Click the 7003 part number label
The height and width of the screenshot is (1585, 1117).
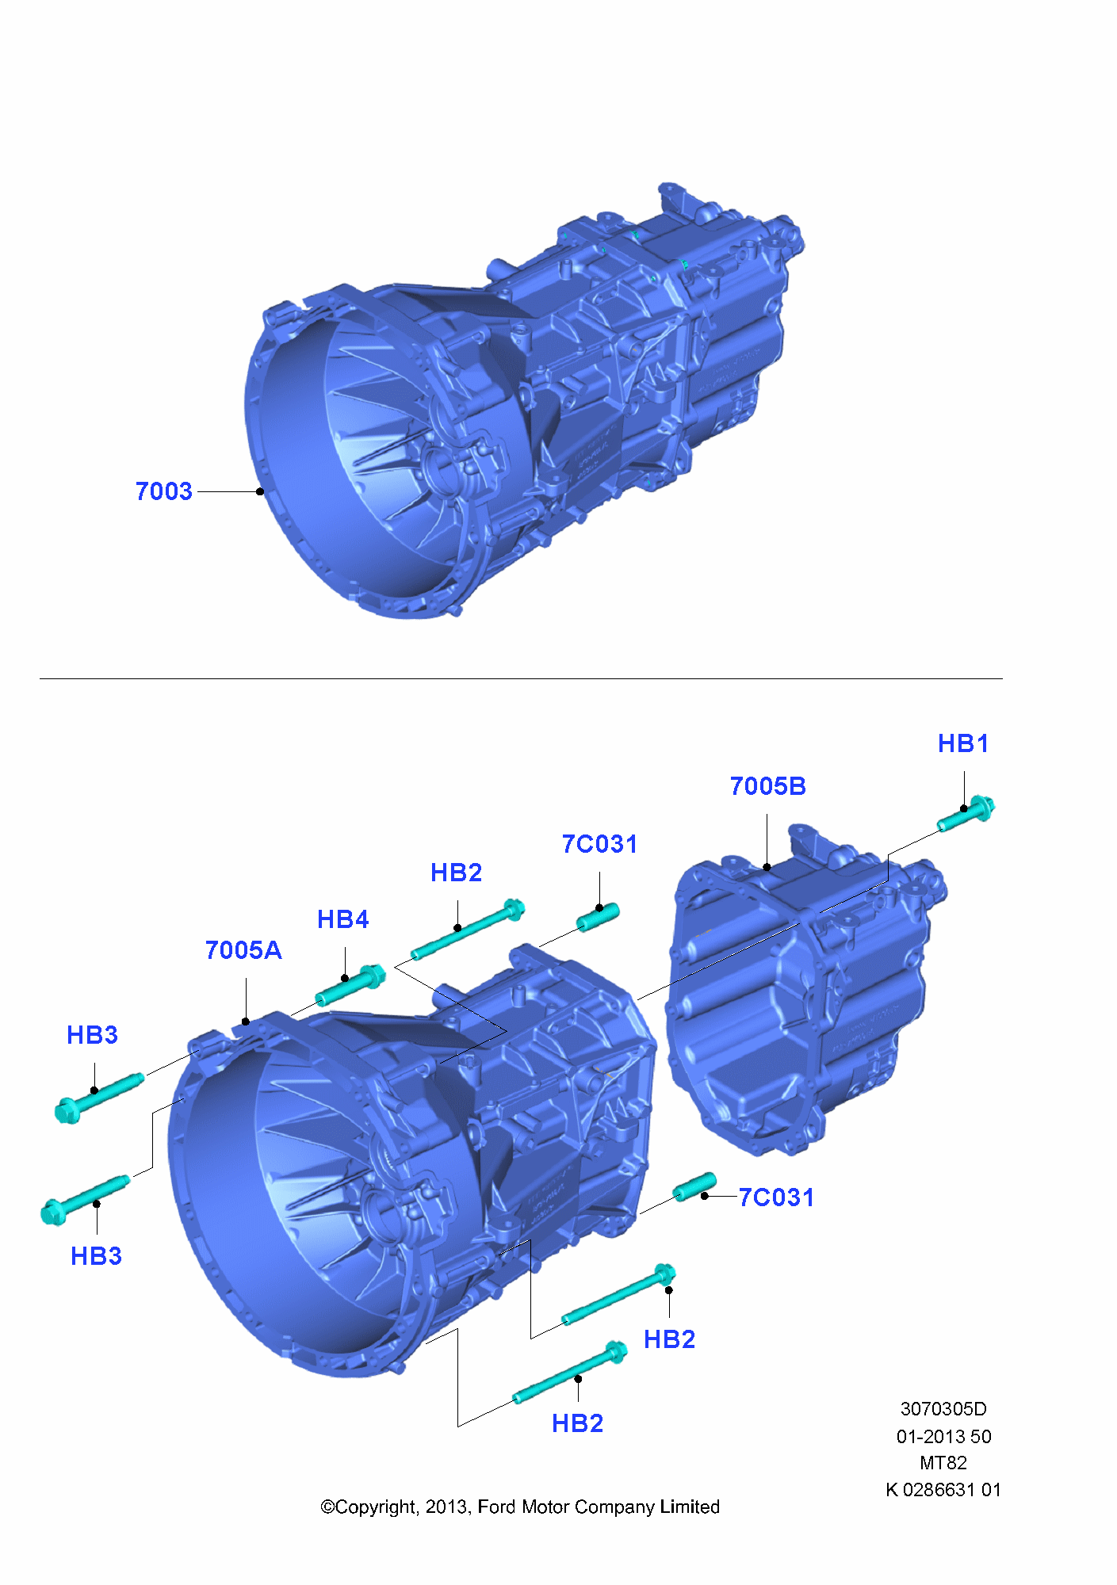[163, 491]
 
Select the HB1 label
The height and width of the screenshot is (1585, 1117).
[962, 743]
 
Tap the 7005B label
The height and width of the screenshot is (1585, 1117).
[767, 786]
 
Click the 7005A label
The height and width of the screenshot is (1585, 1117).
[243, 950]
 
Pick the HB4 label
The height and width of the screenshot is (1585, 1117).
[342, 919]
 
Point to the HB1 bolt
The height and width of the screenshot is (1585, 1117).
[966, 814]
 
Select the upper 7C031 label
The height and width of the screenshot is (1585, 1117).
[599, 844]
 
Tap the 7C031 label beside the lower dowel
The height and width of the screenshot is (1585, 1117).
[775, 1197]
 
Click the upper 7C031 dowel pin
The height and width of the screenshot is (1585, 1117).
[599, 918]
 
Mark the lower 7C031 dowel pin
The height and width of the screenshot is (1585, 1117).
[694, 1187]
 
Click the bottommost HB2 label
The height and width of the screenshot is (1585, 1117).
[577, 1423]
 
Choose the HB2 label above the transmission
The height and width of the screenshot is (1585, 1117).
[456, 873]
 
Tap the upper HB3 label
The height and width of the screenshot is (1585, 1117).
[92, 1035]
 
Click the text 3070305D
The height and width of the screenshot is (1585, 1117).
[943, 1409]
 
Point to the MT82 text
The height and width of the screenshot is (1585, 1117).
[943, 1463]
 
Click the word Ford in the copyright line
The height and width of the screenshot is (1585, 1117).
[496, 1507]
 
